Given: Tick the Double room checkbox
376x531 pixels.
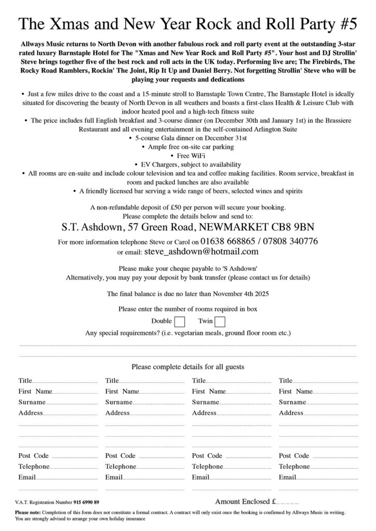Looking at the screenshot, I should tap(180, 322).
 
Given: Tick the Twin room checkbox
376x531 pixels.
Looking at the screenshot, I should tap(220, 322).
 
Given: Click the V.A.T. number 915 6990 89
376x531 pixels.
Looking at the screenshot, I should tap(86, 502).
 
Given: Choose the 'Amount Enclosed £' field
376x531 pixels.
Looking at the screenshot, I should tap(287, 502).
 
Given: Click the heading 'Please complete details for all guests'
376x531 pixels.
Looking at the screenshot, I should tap(187, 367).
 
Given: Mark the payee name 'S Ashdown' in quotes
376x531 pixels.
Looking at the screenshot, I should tap(225, 269).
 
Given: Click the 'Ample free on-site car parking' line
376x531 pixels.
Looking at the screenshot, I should tap(190, 147).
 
